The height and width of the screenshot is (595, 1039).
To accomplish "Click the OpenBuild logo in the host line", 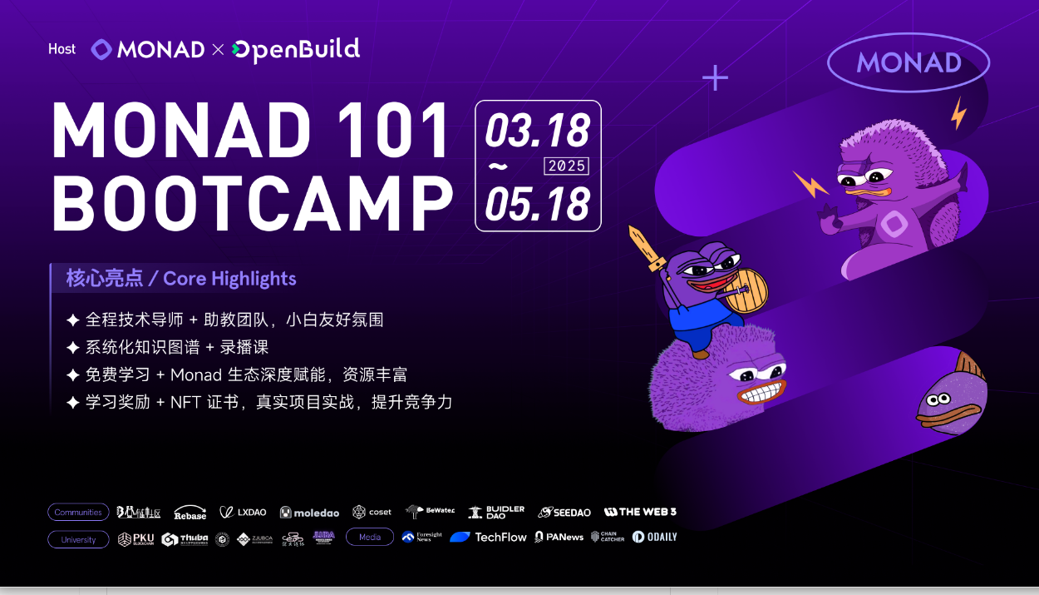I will click(x=296, y=50).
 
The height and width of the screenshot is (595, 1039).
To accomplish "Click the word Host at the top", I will click(x=62, y=49).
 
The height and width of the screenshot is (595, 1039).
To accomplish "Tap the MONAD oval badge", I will click(x=909, y=62).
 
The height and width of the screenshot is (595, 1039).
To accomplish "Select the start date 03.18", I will click(x=537, y=131).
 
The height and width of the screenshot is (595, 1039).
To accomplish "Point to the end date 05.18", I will click(x=537, y=204).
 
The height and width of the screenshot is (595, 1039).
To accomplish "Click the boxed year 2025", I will click(x=566, y=166).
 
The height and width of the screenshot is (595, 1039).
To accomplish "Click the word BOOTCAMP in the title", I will click(x=253, y=203).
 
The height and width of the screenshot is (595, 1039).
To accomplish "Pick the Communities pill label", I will click(x=78, y=512).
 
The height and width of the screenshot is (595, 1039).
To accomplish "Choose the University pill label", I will click(x=78, y=539).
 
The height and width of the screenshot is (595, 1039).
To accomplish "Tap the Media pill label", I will click(x=370, y=538).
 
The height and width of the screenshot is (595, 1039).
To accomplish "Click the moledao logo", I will click(x=310, y=512).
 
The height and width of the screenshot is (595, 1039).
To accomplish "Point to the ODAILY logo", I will click(x=654, y=538).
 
